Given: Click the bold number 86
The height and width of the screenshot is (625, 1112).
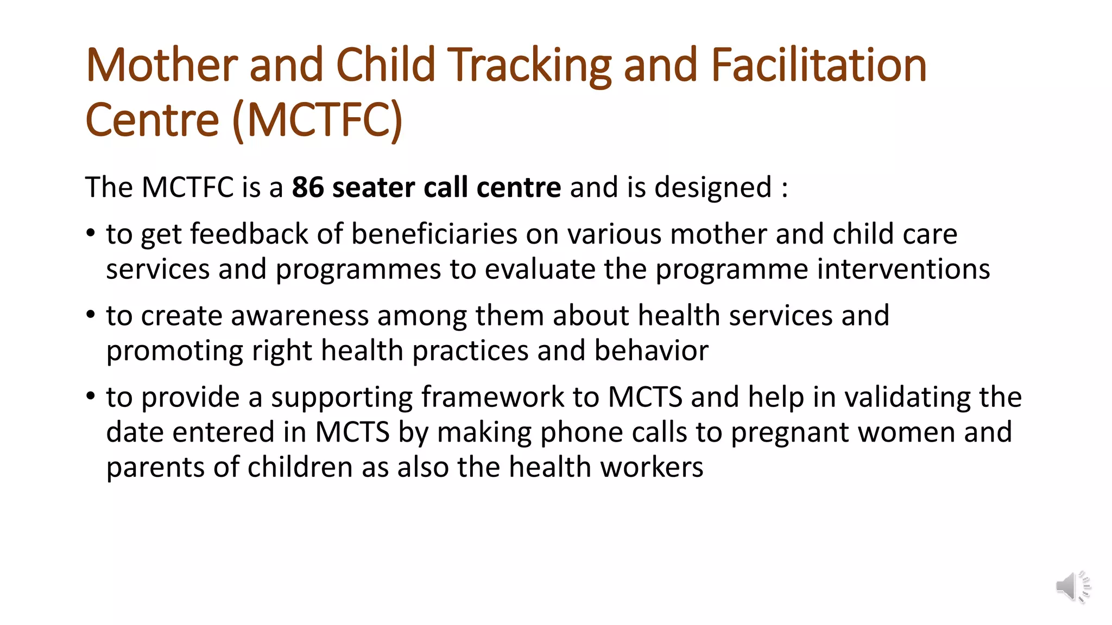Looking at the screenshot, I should (x=308, y=188).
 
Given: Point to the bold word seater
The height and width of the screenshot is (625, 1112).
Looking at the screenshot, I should (x=374, y=188).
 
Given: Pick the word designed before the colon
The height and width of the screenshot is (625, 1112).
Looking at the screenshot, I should (x=713, y=188).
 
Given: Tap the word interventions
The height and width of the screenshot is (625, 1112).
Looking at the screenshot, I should (x=904, y=270).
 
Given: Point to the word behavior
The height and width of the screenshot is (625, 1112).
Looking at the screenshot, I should (x=651, y=351).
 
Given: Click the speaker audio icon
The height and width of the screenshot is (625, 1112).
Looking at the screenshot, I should (x=1072, y=586).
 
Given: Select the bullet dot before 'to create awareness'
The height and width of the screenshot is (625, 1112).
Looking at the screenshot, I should (x=91, y=315).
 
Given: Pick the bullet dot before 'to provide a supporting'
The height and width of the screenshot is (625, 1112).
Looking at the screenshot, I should (x=91, y=396).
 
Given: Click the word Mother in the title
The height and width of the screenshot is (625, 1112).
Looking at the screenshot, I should (x=162, y=66).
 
